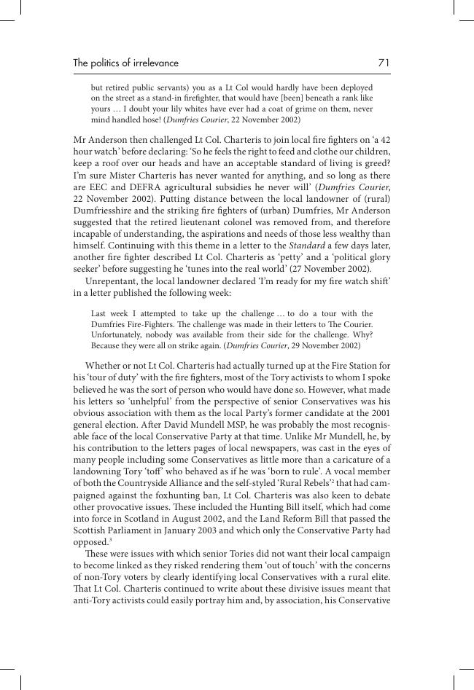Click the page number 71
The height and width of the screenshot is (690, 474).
(384, 63)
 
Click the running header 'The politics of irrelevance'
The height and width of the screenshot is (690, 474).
(125, 63)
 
